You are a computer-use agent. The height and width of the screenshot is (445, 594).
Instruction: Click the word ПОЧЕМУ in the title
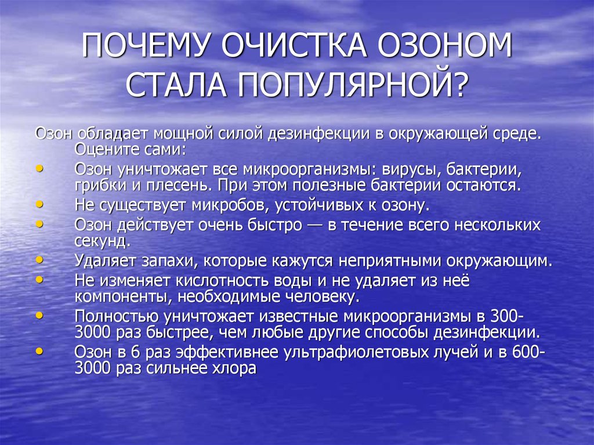[x=145, y=46]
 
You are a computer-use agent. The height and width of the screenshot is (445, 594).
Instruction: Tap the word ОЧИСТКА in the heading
[x=294, y=46]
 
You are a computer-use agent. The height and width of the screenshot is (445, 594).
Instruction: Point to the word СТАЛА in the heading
[x=176, y=85]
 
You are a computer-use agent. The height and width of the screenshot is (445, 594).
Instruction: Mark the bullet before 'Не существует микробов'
[x=39, y=204]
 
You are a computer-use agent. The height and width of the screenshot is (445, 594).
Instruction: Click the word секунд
[x=103, y=241]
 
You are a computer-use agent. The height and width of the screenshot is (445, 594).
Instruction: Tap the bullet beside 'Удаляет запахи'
[x=39, y=260]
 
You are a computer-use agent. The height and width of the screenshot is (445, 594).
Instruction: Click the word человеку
[x=321, y=297]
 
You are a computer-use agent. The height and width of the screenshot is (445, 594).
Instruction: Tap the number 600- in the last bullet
[x=529, y=352]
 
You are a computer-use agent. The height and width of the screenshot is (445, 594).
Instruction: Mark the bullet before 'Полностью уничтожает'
[x=39, y=316]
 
